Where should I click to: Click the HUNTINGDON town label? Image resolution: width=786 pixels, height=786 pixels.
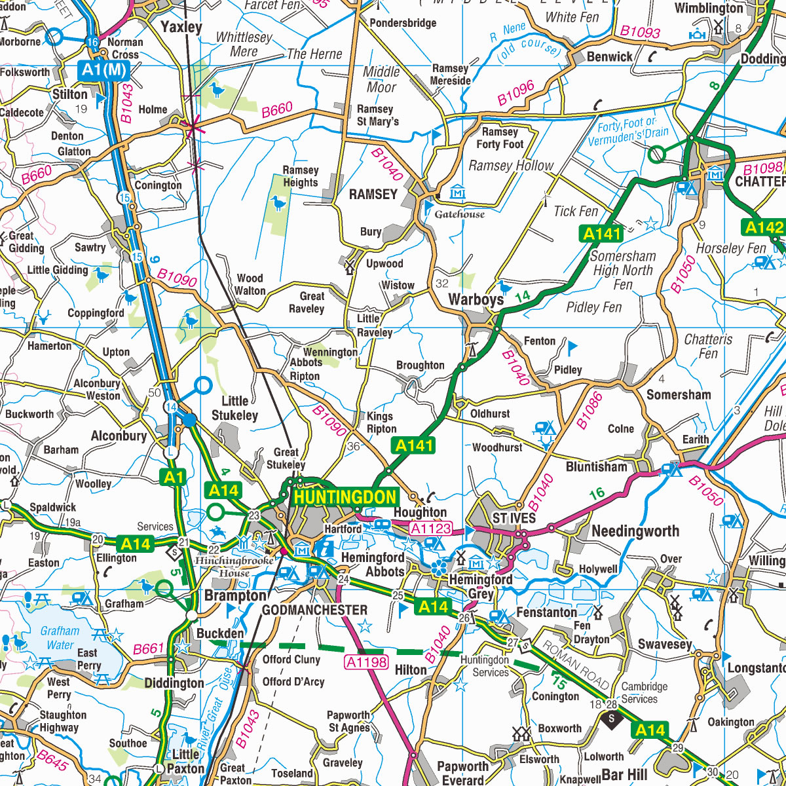pyautogui.click(x=345, y=497)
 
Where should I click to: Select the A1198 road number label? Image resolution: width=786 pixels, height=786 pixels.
pyautogui.click(x=367, y=662)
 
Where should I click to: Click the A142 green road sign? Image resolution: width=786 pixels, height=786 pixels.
pyautogui.click(x=764, y=227)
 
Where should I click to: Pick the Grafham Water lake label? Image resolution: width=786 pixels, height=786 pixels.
pyautogui.click(x=60, y=638)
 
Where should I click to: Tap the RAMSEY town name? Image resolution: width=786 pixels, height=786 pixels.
pyautogui.click(x=373, y=195)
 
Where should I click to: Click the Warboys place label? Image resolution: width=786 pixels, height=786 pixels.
pyautogui.click(x=476, y=300)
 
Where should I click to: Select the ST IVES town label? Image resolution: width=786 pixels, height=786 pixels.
pyautogui.click(x=514, y=518)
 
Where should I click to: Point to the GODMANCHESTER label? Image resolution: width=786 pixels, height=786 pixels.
pyautogui.click(x=314, y=610)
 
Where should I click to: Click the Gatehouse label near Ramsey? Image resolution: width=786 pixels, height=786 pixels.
pyautogui.click(x=460, y=214)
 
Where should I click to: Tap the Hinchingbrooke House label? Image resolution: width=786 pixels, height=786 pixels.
pyautogui.click(x=234, y=567)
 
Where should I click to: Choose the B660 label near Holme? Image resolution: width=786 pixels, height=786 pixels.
pyautogui.click(x=277, y=111)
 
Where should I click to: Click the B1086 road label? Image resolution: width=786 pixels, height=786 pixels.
pyautogui.click(x=589, y=411)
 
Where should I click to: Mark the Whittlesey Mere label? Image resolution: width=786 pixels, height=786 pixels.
pyautogui.click(x=244, y=44)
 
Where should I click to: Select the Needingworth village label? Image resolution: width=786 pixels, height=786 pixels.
pyautogui.click(x=635, y=531)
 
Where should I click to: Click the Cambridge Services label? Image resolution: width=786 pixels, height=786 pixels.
pyautogui.click(x=644, y=692)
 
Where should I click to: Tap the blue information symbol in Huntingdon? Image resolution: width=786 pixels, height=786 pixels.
pyautogui.click(x=324, y=546)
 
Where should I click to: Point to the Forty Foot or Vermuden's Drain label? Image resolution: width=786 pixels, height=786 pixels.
pyautogui.click(x=627, y=131)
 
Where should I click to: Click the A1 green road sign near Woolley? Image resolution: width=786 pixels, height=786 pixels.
pyautogui.click(x=174, y=477)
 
